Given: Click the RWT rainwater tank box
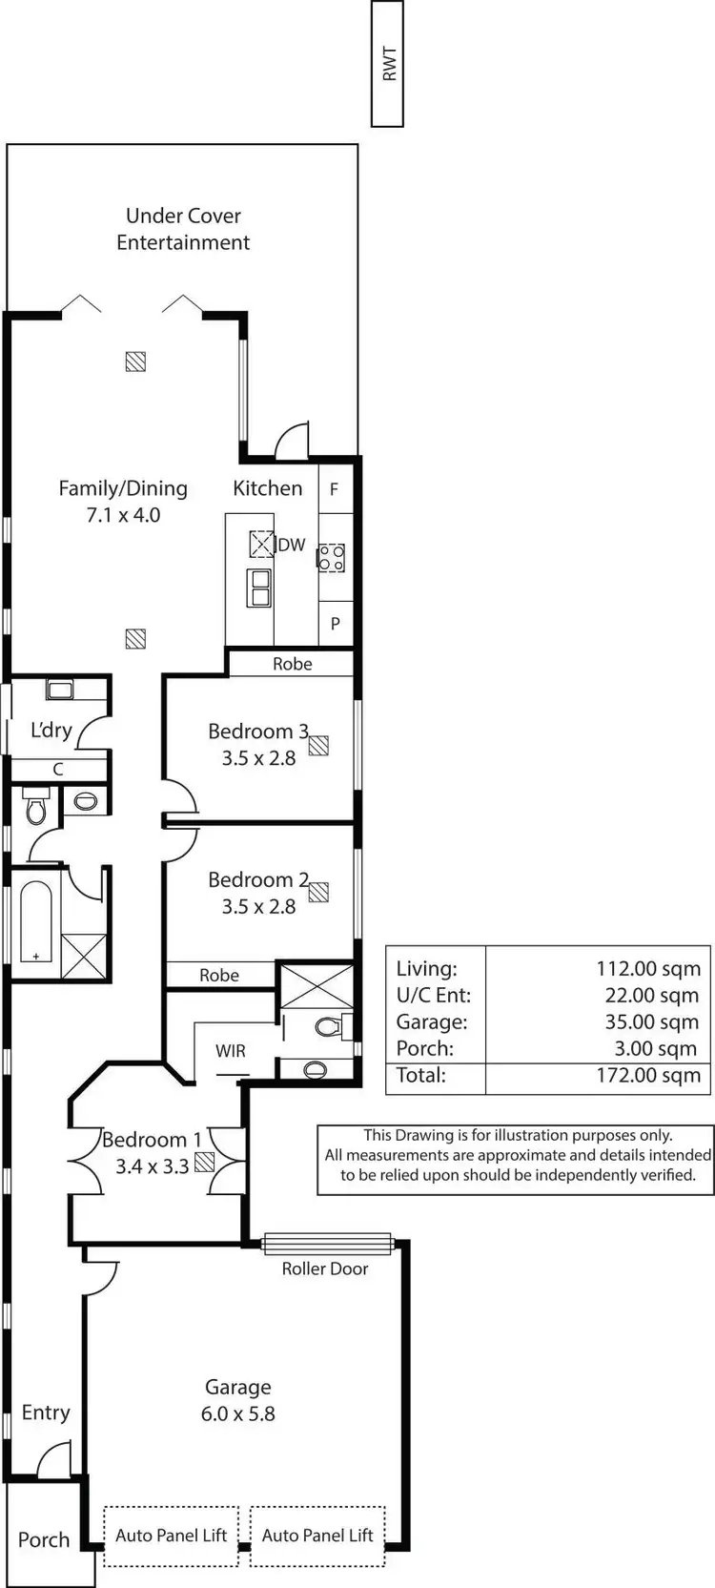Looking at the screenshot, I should tap(387, 64).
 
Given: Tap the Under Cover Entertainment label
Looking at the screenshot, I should tap(183, 229).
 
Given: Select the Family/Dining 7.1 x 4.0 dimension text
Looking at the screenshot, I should tap(123, 515).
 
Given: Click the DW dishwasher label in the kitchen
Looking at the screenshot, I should tap(292, 545).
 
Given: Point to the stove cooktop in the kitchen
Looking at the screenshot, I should tap(331, 557).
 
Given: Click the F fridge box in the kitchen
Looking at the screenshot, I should tap(334, 489).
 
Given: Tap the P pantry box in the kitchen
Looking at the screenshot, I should tap(335, 624).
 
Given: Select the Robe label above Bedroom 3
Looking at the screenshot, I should tap(292, 664).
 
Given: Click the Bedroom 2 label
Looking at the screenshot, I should tap(258, 879).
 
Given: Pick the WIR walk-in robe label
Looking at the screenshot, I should tap(230, 1051).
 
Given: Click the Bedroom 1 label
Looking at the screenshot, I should tap(152, 1140).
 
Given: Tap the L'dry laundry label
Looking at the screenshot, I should tap(51, 731).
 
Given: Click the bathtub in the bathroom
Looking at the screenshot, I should tap(36, 921).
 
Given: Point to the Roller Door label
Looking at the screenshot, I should tap(324, 1268).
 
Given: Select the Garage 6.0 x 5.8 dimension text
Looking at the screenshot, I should tap(237, 1413).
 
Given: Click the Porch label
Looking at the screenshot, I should tap(44, 1539).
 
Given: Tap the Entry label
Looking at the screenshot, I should tap(46, 1413).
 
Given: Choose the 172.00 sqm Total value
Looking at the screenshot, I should tap(647, 1076).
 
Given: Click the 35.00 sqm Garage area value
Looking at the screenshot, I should tap(651, 1021).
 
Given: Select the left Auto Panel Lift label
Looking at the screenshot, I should tap(172, 1535).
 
